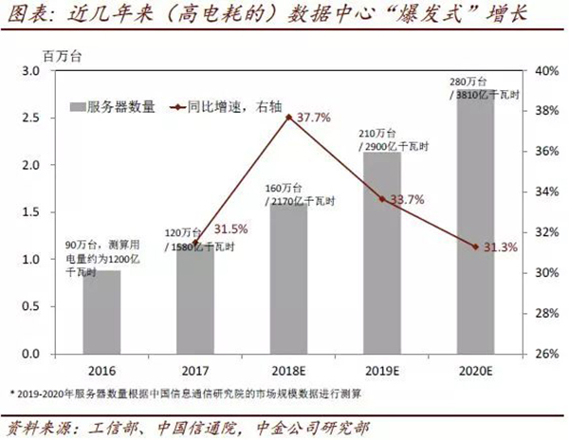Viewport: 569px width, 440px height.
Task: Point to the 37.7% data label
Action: tap(314, 119)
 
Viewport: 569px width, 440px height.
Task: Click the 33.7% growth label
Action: tap(407, 200)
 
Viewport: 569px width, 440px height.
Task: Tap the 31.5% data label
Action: tap(230, 229)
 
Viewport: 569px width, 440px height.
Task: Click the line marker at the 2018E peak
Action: tap(288, 117)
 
